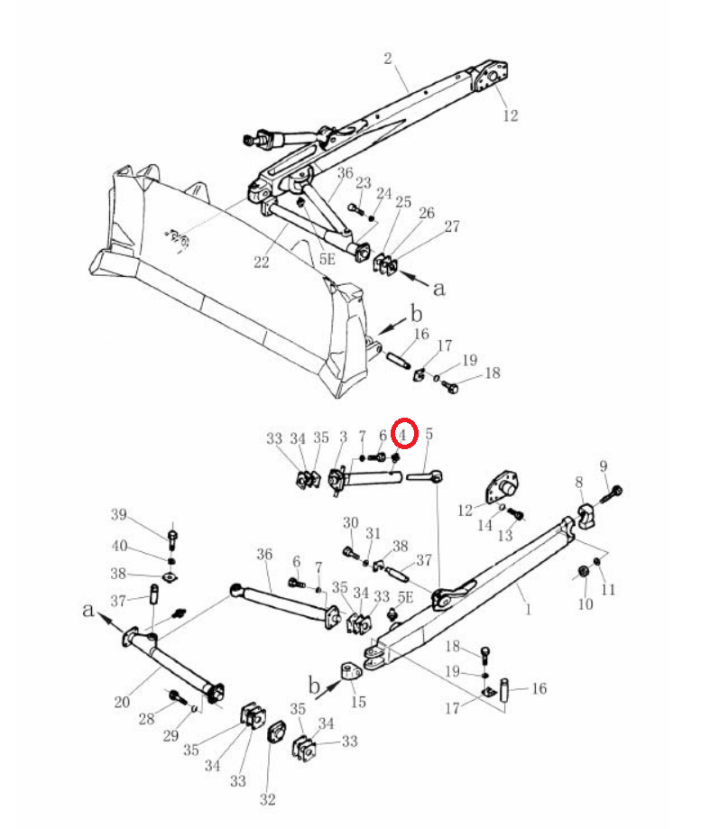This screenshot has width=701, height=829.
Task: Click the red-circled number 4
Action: (x=403, y=435)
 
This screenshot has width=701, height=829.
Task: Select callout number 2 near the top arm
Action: (x=388, y=58)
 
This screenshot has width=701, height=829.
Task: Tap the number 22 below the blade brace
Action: (x=261, y=262)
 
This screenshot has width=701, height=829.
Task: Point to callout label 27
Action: (x=452, y=226)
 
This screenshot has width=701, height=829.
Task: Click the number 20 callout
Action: (x=122, y=702)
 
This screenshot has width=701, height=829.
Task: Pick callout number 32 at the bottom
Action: (x=268, y=799)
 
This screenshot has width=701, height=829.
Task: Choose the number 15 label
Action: (x=358, y=702)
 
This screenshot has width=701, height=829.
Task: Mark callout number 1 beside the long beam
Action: (x=528, y=609)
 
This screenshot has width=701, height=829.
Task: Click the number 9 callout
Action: (x=604, y=466)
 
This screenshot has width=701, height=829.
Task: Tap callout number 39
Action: (x=119, y=514)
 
